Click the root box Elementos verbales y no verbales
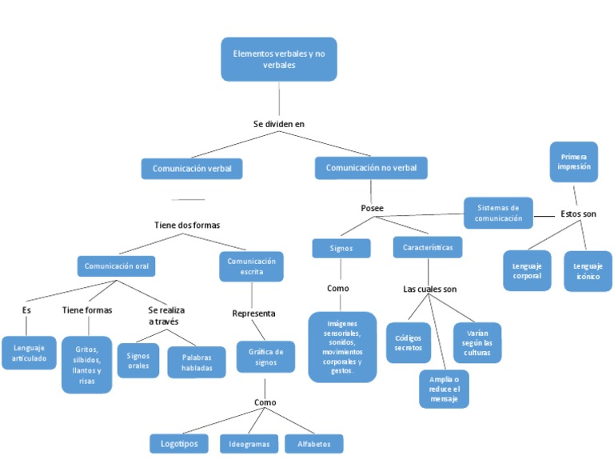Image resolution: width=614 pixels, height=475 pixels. coord(278,59)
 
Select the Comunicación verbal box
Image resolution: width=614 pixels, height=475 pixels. coord(192,169)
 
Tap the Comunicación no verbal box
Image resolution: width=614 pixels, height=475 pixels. coord(371,168)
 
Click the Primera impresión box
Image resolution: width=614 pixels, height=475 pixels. coord(573,162)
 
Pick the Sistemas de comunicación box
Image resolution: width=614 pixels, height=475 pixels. coord(498,213)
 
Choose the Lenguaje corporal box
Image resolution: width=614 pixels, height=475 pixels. coord(527,270)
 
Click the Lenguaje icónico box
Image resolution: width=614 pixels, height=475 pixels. coord(588,270)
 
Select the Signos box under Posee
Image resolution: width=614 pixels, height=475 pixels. coord(341,249)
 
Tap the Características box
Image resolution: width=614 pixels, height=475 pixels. coord(428,248)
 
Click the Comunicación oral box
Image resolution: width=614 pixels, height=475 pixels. coord(116,265)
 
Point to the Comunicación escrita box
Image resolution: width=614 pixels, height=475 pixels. coord(251,266)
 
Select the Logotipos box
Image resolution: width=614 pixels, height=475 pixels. coord(179,443)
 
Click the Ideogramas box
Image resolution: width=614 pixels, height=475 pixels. coord(249,444)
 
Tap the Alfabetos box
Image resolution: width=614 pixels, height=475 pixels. coord(313,444)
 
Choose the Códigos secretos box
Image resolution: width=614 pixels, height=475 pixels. coord(408,342)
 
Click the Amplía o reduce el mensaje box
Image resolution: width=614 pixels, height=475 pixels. coord(444,389)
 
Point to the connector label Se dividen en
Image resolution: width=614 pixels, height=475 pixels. coord(278,124)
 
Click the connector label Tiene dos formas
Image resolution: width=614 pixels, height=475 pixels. coord(187,226)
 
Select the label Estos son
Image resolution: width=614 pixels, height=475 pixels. coord(577,214)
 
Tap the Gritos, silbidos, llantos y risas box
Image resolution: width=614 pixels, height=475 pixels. coord(86,365)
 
